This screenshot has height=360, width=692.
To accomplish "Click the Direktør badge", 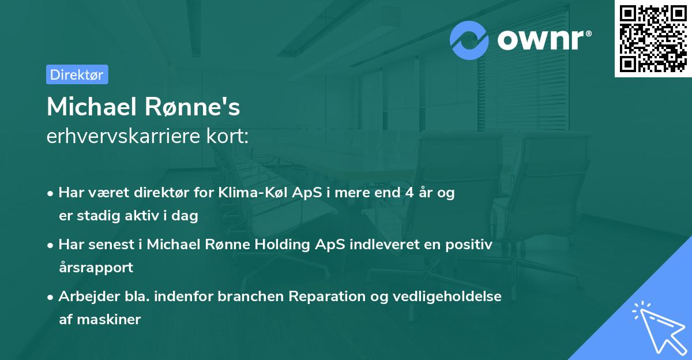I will [77, 74].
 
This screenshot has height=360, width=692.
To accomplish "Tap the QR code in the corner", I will [653, 38].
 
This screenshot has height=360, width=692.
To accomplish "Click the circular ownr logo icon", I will [469, 40].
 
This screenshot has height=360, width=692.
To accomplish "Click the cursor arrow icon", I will [658, 328].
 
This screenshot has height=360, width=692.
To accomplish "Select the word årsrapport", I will [96, 267].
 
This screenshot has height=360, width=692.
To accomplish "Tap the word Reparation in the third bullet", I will [322, 297].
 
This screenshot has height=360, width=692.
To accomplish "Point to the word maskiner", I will [108, 319].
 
